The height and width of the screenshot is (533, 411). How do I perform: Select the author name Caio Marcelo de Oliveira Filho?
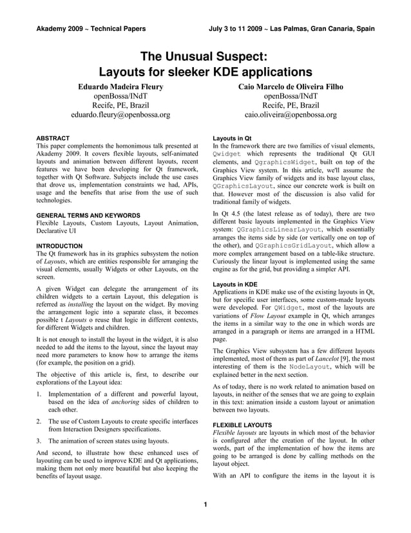[290, 86]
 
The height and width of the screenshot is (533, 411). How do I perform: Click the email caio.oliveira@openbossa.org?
[290, 116]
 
